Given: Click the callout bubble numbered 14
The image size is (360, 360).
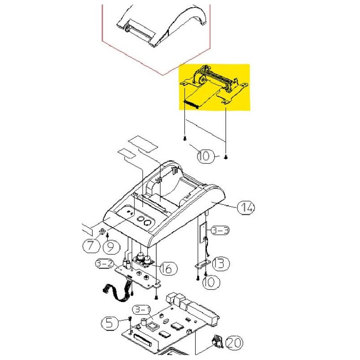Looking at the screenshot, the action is tap(246, 207).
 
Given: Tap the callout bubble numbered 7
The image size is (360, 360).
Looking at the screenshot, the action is tap(91, 246).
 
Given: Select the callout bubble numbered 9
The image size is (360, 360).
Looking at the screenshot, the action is tap(111, 247).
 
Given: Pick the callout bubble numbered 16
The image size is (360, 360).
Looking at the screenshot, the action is tap(168, 268).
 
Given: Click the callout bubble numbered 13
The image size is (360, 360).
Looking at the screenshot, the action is tap(220, 263).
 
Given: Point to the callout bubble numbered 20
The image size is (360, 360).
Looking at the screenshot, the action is tap(234, 343).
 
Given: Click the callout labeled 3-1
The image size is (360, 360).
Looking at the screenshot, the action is tap(142, 310).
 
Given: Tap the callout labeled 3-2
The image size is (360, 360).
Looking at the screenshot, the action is tap(105, 263).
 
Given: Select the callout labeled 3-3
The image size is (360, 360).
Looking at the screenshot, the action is tap(220, 230).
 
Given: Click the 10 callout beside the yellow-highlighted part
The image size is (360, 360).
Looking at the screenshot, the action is tap(206, 156).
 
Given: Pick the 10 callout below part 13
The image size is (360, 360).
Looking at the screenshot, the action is tap(211, 282).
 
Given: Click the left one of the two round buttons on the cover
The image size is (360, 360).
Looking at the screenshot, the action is tap(140, 219).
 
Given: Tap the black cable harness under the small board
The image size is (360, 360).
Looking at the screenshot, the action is tap(118, 292).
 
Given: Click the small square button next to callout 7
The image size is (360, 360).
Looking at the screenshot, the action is tap(102, 231).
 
